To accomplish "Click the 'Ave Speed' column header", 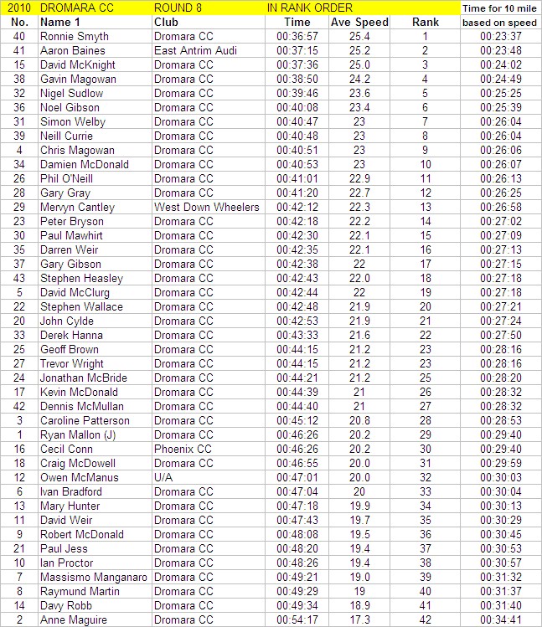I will [359, 23].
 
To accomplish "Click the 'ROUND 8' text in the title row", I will [178, 8].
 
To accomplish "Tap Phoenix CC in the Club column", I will [182, 450].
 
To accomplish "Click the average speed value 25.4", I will [359, 37].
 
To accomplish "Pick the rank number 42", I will [426, 620].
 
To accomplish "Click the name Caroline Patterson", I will [85, 421].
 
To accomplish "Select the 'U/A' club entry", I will [164, 478].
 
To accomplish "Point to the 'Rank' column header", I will [426, 23].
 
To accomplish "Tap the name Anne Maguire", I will [74, 620].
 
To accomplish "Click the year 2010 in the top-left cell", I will [18, 8].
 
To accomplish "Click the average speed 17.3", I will [359, 620].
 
